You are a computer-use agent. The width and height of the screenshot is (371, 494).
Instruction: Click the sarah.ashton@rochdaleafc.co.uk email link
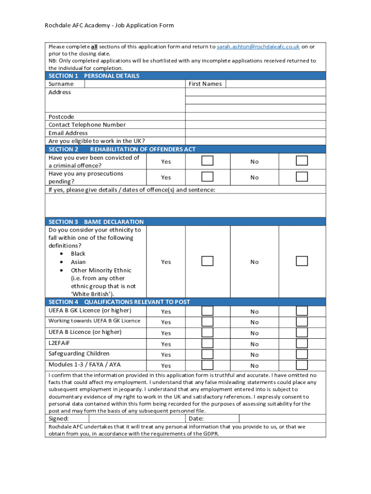tap(258, 47)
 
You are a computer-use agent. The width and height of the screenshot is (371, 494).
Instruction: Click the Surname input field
tap(135, 84)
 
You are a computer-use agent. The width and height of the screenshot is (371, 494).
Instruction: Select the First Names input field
tap(276, 84)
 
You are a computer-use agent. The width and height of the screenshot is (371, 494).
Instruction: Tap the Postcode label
tap(61, 117)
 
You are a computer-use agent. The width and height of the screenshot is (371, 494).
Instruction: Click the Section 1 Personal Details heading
tap(94, 76)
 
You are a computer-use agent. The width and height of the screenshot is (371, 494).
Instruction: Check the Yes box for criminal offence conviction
tap(207, 161)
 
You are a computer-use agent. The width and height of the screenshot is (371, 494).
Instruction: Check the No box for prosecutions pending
tap(302, 177)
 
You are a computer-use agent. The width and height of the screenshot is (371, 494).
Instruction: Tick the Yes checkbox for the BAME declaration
tap(207, 261)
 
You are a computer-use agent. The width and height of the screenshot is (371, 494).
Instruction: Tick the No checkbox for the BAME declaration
tap(302, 261)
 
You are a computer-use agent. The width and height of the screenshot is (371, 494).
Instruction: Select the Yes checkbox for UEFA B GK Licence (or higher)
tap(207, 311)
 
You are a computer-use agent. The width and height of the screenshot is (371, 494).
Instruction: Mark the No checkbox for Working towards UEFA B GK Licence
tap(302, 322)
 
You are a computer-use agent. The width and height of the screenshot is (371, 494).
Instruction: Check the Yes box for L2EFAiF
tap(207, 343)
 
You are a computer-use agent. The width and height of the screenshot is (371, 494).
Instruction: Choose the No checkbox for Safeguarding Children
tap(302, 355)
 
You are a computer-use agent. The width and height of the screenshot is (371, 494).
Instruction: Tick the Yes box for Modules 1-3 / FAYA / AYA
tap(207, 365)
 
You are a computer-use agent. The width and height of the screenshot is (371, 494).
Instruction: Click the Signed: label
tap(59, 419)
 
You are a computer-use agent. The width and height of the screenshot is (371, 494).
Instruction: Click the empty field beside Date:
tap(282, 419)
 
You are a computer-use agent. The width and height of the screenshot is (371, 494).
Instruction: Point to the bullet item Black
tap(78, 254)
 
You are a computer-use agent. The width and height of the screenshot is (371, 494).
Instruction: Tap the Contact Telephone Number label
tap(87, 125)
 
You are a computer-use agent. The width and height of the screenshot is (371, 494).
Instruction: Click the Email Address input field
tap(255, 133)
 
